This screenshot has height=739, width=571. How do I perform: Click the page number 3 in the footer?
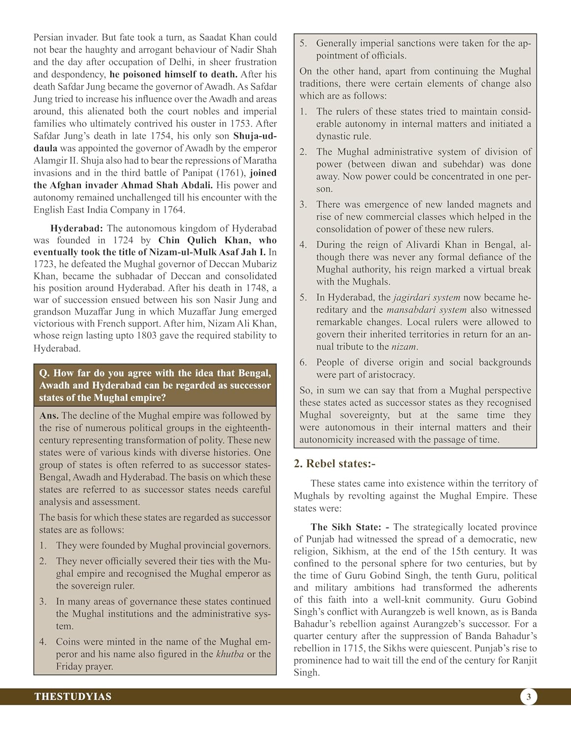pos(529,697)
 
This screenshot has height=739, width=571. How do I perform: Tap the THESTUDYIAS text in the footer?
pos(73,697)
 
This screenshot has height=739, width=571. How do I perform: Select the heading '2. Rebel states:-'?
pos(335,464)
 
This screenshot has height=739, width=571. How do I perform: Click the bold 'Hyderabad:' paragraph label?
pos(76,228)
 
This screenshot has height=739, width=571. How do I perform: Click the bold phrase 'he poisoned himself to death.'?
pos(173,74)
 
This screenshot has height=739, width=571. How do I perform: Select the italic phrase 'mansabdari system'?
pos(426,310)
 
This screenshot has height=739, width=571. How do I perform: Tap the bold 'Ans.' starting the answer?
pos(49,416)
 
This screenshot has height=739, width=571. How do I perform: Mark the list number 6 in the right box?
pos(303,363)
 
